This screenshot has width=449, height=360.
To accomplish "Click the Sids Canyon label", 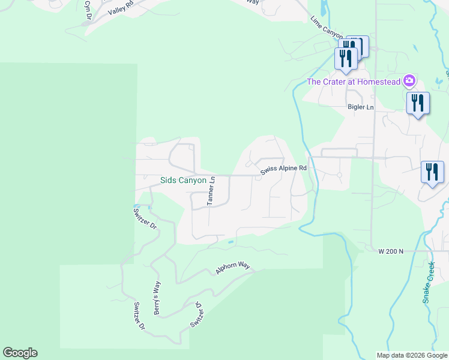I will click(183, 180).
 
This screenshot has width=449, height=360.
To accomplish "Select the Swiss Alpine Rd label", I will click(283, 170).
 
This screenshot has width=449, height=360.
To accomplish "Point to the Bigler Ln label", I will click(361, 107).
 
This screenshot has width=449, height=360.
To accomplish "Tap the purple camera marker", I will click(409, 80).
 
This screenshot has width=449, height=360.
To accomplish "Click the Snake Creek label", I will click(429, 283).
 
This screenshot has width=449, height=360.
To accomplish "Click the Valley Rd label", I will click(119, 8).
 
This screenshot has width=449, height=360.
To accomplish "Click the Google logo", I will click(20, 353).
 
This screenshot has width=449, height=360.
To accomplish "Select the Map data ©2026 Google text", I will click(411, 355).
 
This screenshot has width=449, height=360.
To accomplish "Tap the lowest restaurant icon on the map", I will click(432, 172).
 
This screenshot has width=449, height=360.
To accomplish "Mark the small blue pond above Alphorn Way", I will click(230, 242).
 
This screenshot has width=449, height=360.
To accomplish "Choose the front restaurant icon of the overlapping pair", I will click(346, 58).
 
